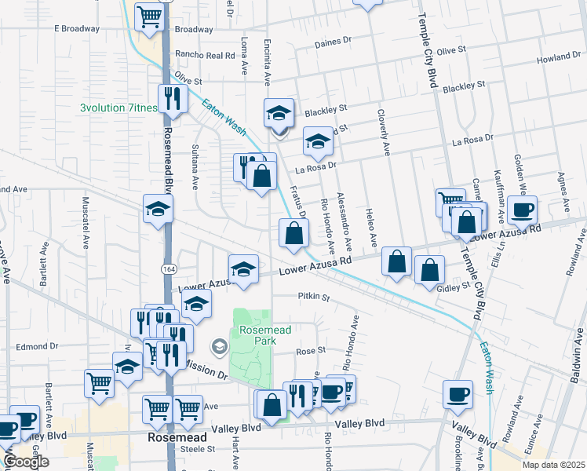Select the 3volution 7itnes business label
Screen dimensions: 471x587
coord(118,108)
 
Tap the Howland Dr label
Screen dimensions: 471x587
coord(558,59)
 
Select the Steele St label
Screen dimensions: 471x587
coord(198,449)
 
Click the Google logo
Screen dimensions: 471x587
coord(26,462)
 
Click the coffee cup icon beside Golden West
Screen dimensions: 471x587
coord(522,210)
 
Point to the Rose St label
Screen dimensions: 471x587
coord(310,351)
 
